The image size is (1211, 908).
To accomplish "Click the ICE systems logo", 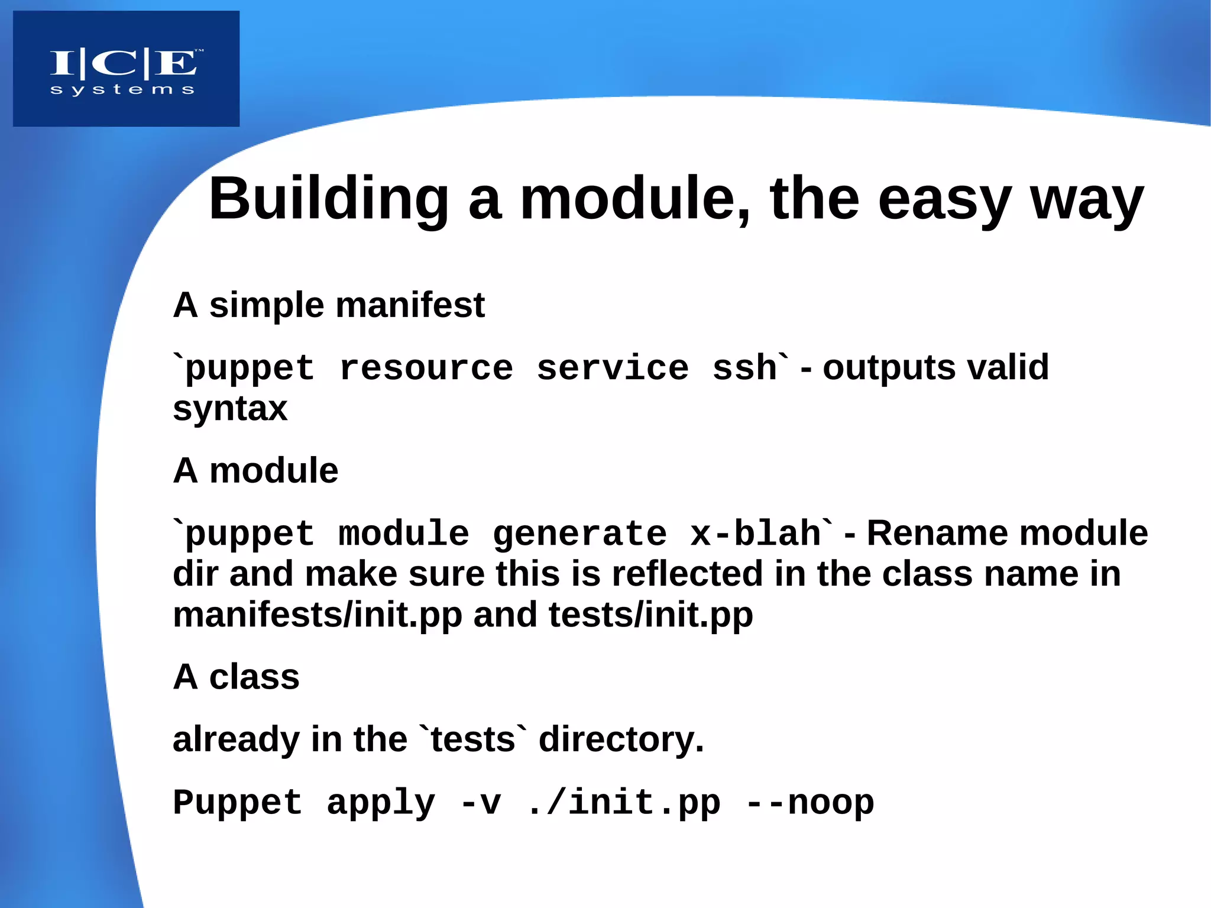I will click(126, 69).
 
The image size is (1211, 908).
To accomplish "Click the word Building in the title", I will click(328, 199).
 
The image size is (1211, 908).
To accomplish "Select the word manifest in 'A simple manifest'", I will click(410, 305).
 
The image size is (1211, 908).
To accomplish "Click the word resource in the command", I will click(426, 368).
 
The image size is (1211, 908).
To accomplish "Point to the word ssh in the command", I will click(744, 368).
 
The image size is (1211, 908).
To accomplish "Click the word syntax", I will click(230, 409).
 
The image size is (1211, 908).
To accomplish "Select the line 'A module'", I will click(255, 471).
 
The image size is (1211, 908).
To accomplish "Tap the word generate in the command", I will click(579, 534).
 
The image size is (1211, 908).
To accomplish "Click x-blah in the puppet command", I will click(755, 534).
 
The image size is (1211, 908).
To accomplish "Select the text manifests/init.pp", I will click(318, 615).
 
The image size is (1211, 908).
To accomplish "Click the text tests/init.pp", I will click(650, 615).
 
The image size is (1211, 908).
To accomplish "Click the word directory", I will click(621, 739).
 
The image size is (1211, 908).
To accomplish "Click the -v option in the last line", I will click(480, 803).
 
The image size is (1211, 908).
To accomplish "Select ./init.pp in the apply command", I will click(623, 803).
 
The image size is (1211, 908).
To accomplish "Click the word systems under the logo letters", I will click(122, 90).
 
